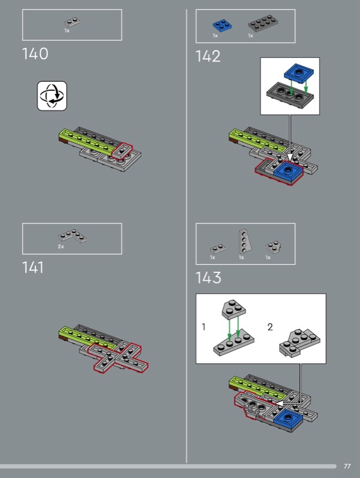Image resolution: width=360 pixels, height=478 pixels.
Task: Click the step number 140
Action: point(35,54)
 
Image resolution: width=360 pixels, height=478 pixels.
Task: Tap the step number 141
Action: point(33,267)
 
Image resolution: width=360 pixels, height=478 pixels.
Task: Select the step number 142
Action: point(208,56)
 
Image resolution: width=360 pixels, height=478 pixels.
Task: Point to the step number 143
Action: point(208,278)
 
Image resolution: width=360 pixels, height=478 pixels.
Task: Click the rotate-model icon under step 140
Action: point(52,96)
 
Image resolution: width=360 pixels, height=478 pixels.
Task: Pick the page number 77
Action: point(347,466)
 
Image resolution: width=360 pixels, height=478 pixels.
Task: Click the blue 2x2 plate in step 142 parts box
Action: point(222,25)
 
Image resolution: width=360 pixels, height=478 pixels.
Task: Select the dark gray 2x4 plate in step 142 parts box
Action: point(263,23)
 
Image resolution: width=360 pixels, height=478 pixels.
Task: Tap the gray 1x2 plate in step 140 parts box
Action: point(72,22)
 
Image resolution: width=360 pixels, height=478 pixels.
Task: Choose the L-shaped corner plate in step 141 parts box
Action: point(72,236)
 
